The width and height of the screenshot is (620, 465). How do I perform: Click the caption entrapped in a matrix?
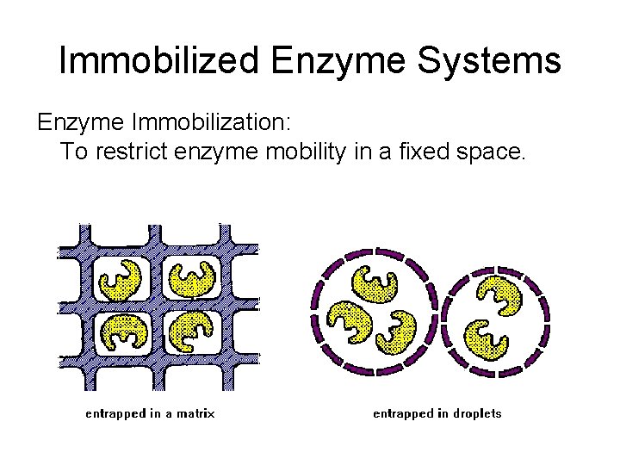pyautogui.click(x=150, y=413)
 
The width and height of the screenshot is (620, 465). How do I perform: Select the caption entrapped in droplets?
pyautogui.click(x=437, y=413)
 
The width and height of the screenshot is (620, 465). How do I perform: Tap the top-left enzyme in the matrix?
pyautogui.click(x=121, y=280)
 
